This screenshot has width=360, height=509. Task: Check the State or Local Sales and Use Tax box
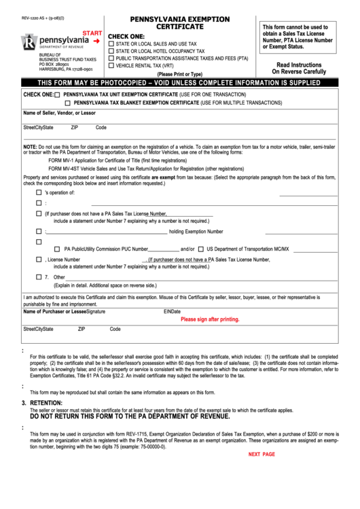111,43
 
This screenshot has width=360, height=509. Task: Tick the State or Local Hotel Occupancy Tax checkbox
111,51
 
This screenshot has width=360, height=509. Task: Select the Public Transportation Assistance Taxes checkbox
111,58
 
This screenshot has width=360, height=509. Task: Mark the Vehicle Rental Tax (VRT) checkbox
111,66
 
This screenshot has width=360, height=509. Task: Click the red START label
92,33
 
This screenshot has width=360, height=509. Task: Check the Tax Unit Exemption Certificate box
57,94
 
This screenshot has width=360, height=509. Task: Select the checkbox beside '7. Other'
39,277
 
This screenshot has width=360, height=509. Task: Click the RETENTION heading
46,402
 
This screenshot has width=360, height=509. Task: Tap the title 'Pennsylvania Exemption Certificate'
180,22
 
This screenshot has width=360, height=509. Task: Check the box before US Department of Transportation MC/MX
201,249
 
